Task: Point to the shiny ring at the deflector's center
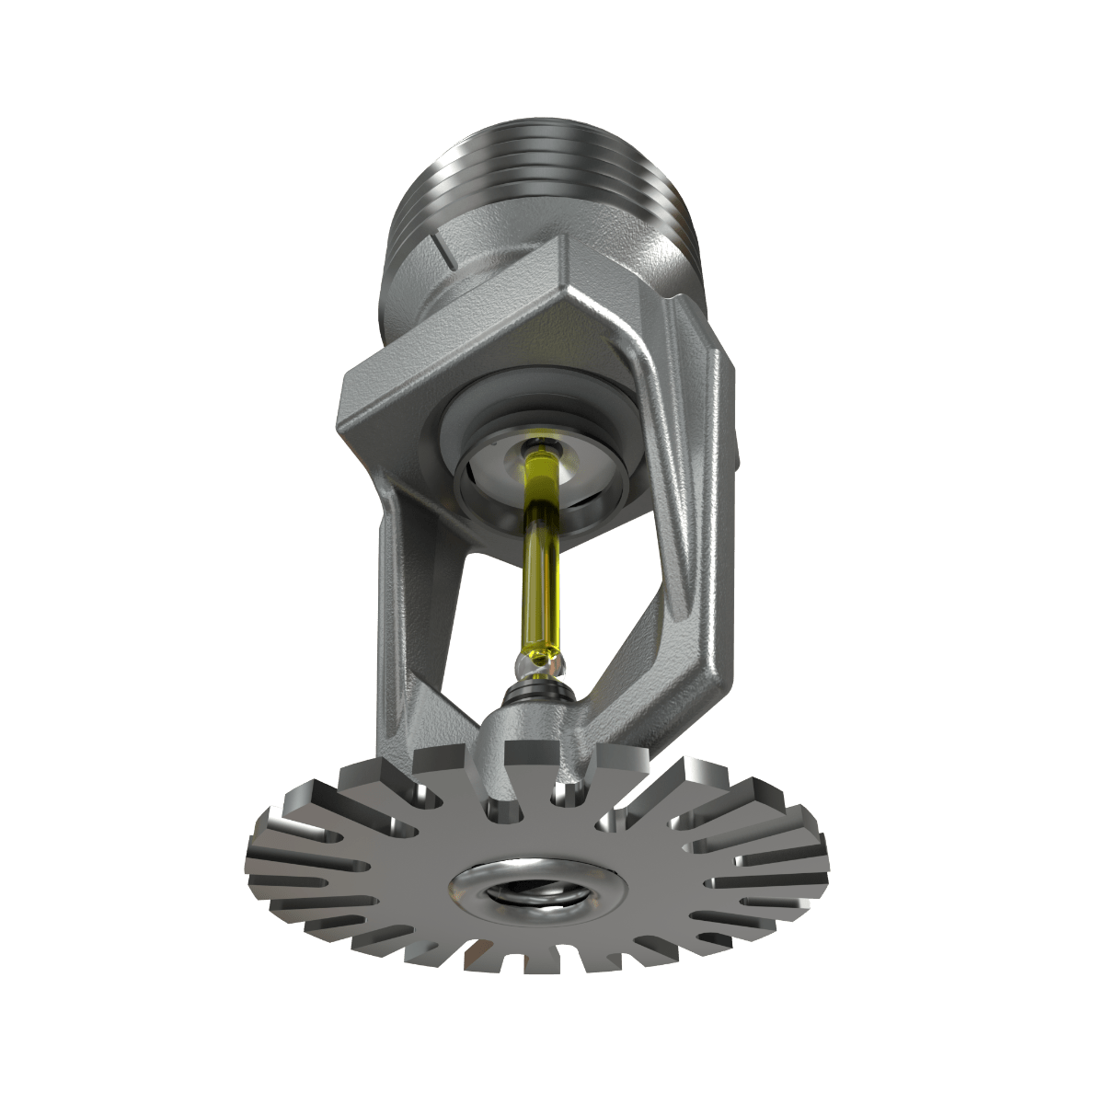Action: pos(538,890)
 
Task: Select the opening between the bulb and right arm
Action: pos(598,580)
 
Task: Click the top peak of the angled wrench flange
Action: pos(561,244)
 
